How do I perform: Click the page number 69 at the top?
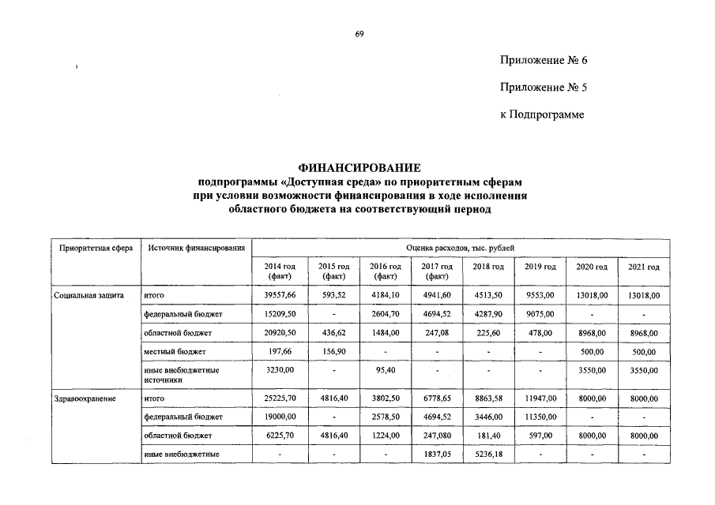pyautogui.click(x=359, y=33)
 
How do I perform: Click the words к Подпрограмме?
pyautogui.click(x=542, y=115)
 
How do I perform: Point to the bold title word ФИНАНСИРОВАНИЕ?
pyautogui.click(x=359, y=168)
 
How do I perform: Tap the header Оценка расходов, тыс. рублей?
pyautogui.click(x=461, y=249)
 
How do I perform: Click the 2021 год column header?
pyautogui.click(x=644, y=267)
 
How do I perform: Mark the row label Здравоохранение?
pyautogui.click(x=85, y=399)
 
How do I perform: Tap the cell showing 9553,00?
pyautogui.click(x=540, y=295)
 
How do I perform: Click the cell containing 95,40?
pyautogui.click(x=385, y=369)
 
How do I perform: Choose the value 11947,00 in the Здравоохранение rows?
pyautogui.click(x=540, y=399)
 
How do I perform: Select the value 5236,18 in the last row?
pyautogui.click(x=488, y=454)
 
